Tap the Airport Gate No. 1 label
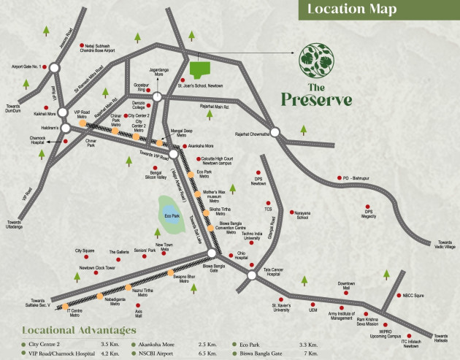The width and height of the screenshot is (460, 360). [x=26, y=66]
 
